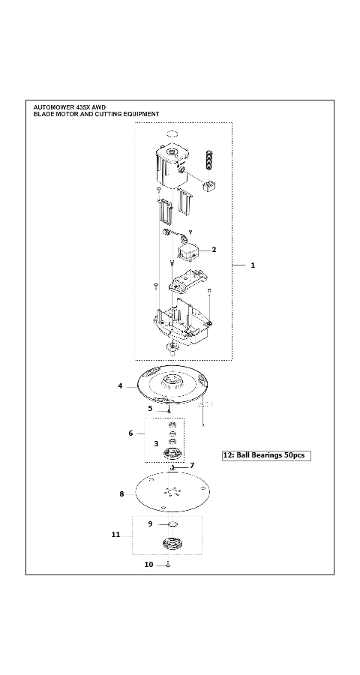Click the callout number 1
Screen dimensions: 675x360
click(253, 265)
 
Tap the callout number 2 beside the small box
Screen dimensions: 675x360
click(214, 250)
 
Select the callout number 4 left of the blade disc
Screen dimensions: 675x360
click(120, 386)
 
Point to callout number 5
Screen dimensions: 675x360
click(150, 409)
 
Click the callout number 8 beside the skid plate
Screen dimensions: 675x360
click(121, 494)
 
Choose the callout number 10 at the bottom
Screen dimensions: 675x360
click(149, 564)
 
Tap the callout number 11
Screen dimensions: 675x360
click(115, 534)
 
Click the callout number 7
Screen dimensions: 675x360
click(192, 466)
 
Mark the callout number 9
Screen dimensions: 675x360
click(150, 523)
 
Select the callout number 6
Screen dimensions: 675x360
click(131, 433)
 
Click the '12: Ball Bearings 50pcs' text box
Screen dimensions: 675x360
click(266, 455)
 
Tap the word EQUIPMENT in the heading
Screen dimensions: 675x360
click(140, 114)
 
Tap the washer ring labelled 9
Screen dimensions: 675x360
click(172, 524)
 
